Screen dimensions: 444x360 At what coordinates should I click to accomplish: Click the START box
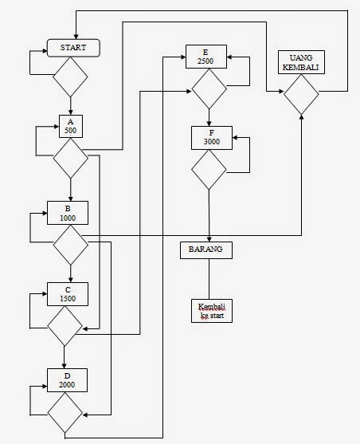tap(72, 49)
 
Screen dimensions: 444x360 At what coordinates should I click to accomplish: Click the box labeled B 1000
tap(67, 211)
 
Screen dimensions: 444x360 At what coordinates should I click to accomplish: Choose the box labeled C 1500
tap(67, 293)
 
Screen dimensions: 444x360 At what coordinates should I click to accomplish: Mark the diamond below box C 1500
tap(65, 325)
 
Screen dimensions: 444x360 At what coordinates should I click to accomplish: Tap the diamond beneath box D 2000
tap(65, 415)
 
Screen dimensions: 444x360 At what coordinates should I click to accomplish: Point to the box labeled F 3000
tap(211, 137)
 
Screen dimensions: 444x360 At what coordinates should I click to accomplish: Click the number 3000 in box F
tap(211, 142)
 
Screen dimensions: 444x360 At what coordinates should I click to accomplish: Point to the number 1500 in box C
tap(67, 298)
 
